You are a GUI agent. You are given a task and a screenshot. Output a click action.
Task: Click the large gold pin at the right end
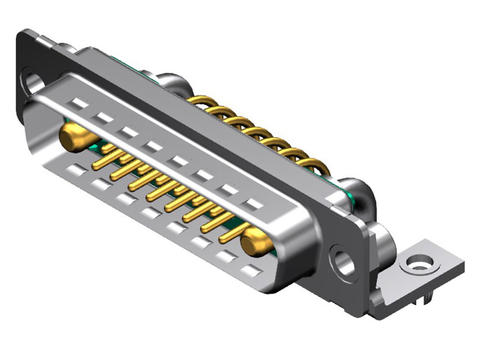256,240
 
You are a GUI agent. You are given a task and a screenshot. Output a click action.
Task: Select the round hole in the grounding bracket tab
419,265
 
